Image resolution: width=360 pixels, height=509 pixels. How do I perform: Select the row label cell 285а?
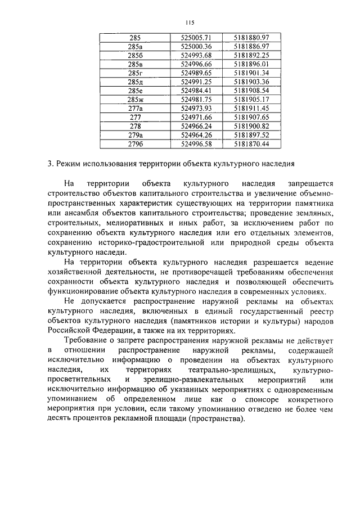(x=135, y=46)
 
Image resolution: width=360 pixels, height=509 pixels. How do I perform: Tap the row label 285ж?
(x=135, y=99)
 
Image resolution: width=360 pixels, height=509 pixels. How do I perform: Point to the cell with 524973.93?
(x=196, y=108)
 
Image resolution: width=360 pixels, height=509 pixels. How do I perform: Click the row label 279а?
(x=135, y=135)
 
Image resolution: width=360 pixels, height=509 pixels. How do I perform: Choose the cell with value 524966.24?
(x=196, y=126)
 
